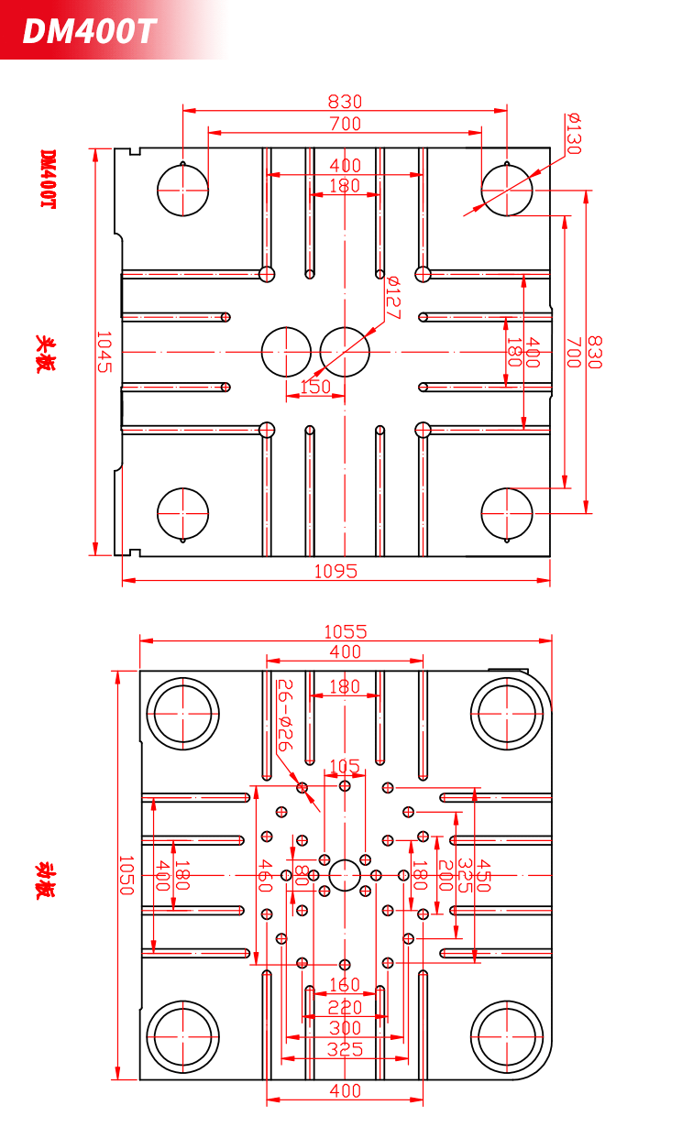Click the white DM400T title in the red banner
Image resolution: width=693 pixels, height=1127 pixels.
coord(89,31)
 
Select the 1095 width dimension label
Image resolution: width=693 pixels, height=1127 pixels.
coord(335,572)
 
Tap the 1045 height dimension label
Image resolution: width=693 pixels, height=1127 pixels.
coord(104,352)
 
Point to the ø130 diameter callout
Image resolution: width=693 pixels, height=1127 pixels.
coord(574,134)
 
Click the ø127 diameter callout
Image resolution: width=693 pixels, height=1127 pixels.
coord(392,298)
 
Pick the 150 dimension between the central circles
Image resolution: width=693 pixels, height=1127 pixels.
coord(315,387)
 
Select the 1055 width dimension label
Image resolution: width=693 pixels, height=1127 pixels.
coord(346,631)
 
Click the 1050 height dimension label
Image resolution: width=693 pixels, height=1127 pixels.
coord(126,875)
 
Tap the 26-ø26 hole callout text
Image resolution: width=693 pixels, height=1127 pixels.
coord(285,715)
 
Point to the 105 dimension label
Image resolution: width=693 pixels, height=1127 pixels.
coord(345,767)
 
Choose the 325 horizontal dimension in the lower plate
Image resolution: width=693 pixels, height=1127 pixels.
coord(345,1049)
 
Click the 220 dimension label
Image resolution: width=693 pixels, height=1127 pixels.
coord(345,1008)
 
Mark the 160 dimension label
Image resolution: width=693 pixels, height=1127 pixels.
coord(345,985)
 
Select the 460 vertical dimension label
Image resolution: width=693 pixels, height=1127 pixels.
coord(265,876)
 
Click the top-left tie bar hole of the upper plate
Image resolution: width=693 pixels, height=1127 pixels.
coord(182,191)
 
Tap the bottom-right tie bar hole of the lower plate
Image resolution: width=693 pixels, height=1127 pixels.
coord(507,1037)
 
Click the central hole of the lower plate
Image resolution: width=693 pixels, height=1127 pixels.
coord(345,875)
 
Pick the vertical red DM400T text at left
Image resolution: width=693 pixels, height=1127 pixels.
coord(48,179)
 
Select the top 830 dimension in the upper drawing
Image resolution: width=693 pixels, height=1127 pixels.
coord(345,102)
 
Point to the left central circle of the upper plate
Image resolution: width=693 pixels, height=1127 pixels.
coord(286,352)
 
